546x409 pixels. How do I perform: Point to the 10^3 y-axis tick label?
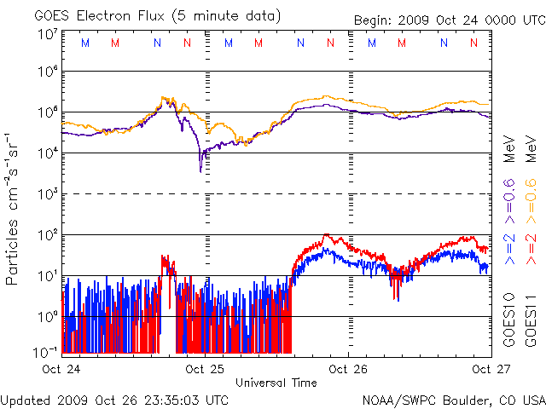[47, 194]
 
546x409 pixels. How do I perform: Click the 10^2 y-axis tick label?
[47, 235]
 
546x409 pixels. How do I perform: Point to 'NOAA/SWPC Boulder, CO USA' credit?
[453, 400]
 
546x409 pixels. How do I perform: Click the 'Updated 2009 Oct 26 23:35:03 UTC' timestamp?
[115, 399]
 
